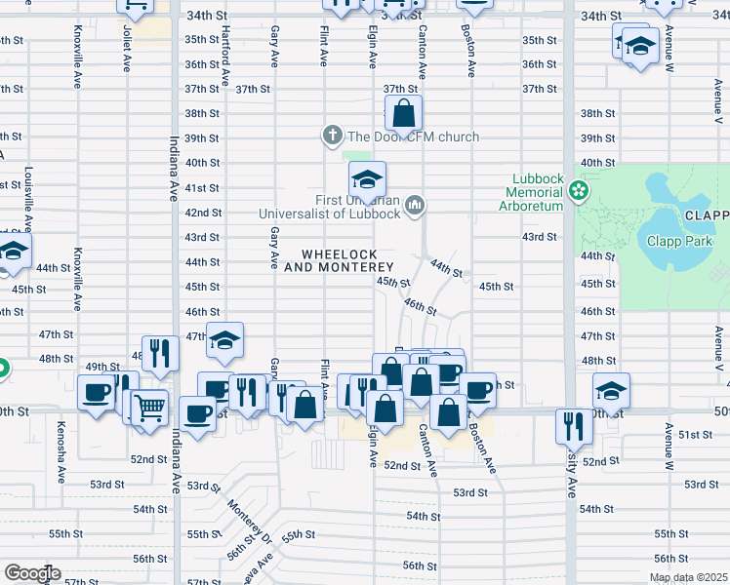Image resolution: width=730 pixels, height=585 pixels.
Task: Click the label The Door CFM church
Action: click(413, 136)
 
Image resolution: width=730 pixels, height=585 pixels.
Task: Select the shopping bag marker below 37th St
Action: click(403, 115)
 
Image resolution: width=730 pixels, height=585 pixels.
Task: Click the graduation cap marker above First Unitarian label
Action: click(368, 180)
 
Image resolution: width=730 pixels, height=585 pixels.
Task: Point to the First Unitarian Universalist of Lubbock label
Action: click(329, 206)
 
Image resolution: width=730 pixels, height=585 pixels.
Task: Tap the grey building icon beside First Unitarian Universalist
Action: click(416, 205)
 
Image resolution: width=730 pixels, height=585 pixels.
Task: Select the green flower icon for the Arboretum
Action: click(581, 189)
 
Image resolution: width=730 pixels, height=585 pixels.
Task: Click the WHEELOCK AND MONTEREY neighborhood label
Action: click(339, 260)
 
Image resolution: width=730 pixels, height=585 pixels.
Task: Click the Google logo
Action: click(31, 572)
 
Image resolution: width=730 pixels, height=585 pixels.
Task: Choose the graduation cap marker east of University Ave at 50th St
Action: click(611, 392)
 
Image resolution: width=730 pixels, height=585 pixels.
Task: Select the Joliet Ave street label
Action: click(127, 49)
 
